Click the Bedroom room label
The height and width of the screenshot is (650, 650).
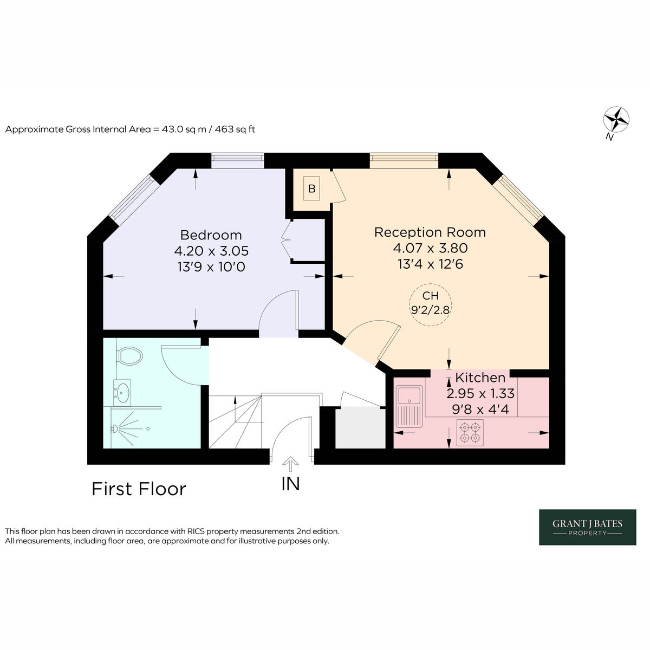(211, 235)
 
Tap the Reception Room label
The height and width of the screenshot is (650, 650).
(430, 232)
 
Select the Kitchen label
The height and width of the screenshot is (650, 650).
(480, 378)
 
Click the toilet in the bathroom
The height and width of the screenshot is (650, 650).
(129, 355)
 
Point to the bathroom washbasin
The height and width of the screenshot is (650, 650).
(122, 393)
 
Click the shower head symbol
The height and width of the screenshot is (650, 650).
(115, 428)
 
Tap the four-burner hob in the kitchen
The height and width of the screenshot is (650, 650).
(470, 433)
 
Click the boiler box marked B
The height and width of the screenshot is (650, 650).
(311, 188)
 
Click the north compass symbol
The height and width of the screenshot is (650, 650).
(616, 119)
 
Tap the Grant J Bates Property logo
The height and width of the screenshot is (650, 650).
(587, 527)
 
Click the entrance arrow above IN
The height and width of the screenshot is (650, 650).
(290, 464)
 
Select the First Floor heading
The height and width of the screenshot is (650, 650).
(139, 489)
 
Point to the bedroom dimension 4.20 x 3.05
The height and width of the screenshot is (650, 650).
(211, 251)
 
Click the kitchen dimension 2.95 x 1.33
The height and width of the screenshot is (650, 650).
(480, 393)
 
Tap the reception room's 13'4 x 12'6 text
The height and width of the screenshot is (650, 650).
(430, 264)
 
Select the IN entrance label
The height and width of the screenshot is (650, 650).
(290, 484)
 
